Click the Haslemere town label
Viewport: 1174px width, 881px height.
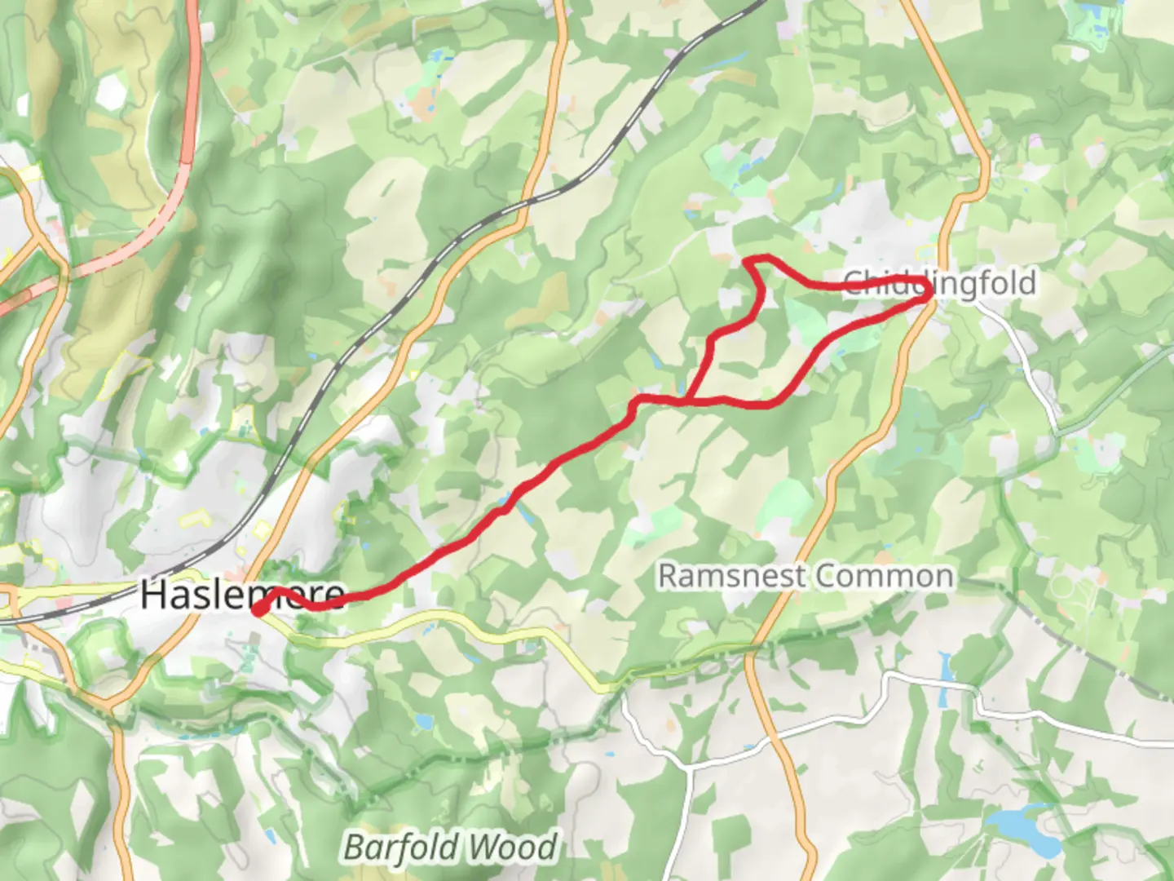pyautogui.click(x=242, y=594)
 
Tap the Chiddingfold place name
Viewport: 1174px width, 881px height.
pyautogui.click(x=939, y=283)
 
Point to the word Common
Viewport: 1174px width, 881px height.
pyautogui.click(x=884, y=576)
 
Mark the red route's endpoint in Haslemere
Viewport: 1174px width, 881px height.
pyautogui.click(x=257, y=609)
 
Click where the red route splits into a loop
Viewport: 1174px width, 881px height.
pyautogui.click(x=687, y=401)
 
